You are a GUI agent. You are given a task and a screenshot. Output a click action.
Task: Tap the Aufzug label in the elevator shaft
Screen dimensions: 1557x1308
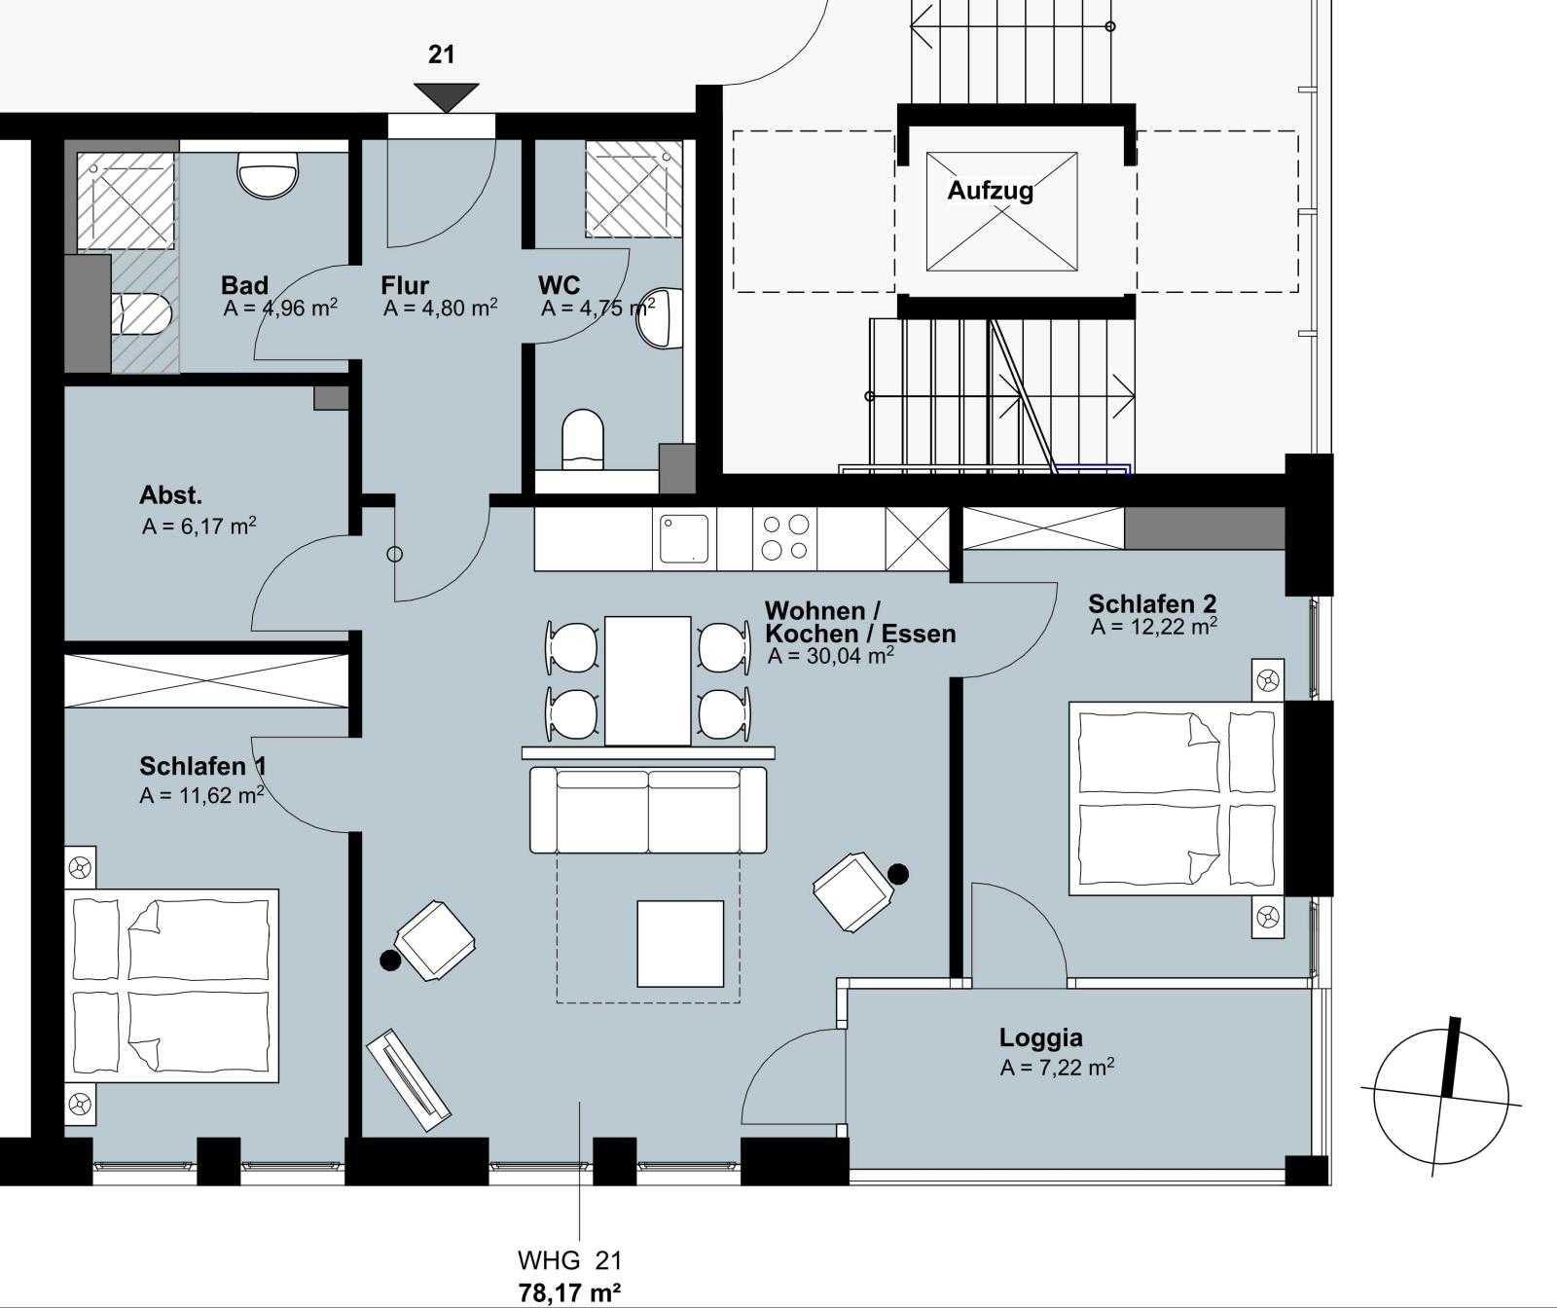[991, 190]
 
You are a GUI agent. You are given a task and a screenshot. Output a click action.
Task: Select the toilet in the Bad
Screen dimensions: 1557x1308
[143, 315]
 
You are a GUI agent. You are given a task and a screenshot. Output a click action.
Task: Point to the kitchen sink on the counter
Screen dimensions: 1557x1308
[686, 538]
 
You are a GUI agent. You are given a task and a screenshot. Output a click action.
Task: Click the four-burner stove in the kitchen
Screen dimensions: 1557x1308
[785, 538]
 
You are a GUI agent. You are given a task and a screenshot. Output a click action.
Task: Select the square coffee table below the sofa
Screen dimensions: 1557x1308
[680, 943]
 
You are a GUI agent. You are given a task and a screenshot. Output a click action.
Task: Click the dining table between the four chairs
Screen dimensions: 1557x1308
[648, 680]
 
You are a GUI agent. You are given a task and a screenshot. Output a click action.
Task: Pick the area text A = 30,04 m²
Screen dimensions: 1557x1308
[831, 655]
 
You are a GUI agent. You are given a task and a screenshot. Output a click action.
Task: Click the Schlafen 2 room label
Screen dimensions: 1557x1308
[1152, 604]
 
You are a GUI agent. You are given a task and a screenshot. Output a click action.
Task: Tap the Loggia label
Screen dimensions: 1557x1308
[1041, 1037]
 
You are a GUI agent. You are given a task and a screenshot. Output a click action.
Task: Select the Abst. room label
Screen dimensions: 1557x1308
[171, 495]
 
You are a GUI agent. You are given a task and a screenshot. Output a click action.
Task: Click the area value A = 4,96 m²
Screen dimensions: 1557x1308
[280, 309]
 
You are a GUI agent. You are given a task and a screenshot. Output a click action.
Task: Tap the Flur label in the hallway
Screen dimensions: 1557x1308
[405, 285]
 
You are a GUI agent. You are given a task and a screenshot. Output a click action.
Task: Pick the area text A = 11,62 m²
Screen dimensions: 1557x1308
[202, 795]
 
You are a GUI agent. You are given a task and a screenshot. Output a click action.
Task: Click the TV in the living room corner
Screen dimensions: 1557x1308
[409, 1078]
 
